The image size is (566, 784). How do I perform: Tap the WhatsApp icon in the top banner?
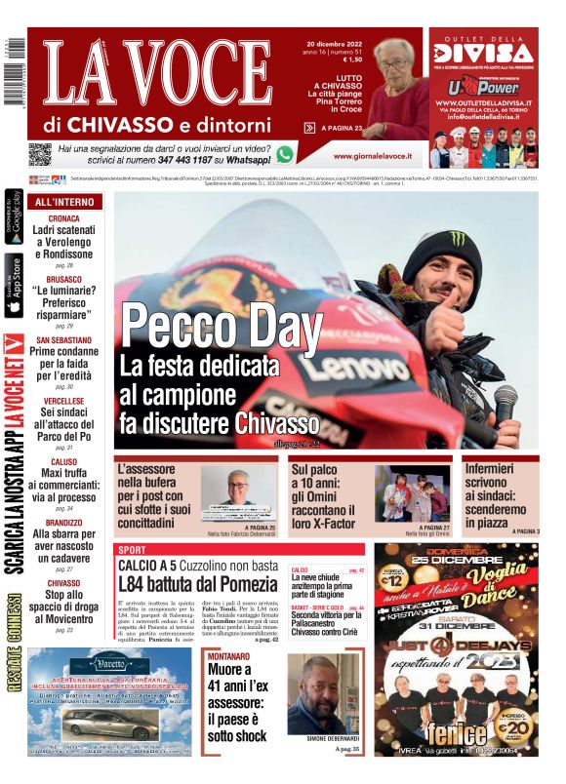(284, 153)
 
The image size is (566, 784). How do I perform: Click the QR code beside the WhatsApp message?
(39, 153)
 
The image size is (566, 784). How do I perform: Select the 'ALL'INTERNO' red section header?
(65, 202)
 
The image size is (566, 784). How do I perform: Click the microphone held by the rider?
(505, 401)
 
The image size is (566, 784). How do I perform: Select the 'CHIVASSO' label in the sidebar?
(64, 583)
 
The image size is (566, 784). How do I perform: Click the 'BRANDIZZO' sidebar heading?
(64, 523)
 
